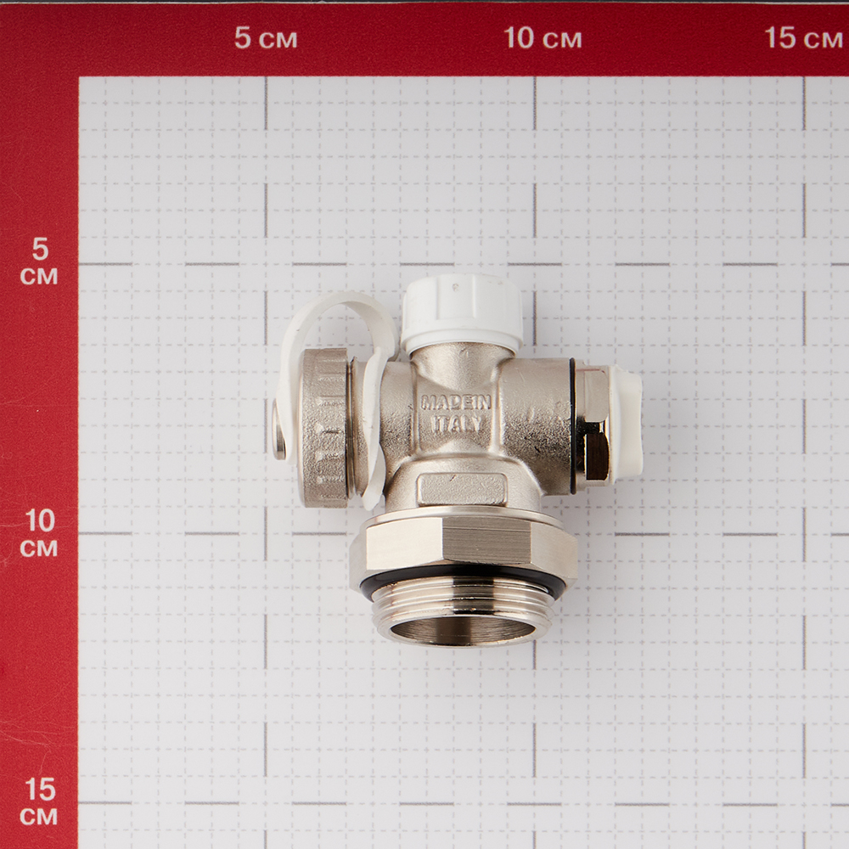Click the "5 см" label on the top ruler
(266, 38)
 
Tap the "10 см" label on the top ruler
(543, 38)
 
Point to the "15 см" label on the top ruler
(803, 38)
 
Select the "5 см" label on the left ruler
(39, 261)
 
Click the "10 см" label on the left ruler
(39, 533)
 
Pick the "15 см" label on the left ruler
(39, 801)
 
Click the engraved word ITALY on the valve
(457, 424)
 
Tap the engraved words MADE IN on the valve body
(456, 402)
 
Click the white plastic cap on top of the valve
(461, 312)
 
